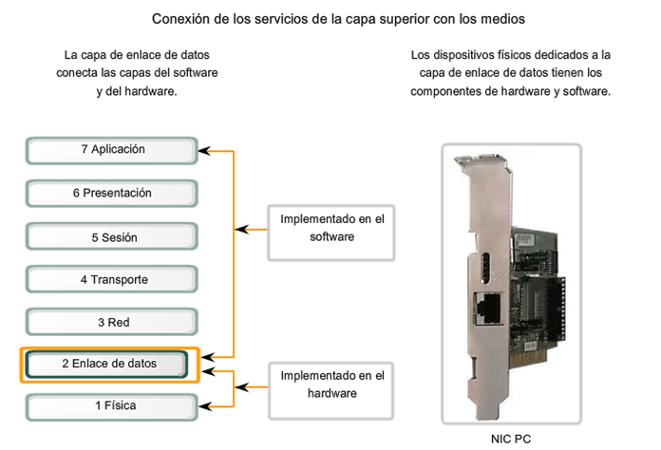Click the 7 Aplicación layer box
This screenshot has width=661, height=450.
coord(112,150)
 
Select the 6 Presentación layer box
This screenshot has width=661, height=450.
coord(112,194)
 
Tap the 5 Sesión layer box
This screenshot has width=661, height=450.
coord(112,237)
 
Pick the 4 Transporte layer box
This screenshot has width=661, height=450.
coord(112,280)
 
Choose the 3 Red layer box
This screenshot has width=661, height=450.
coord(112,323)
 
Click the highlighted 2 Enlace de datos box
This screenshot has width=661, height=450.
coord(109,364)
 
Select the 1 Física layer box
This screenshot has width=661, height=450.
coord(112,406)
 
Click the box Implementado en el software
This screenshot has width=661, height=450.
coord(330,229)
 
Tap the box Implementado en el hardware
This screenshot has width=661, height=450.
coord(330,384)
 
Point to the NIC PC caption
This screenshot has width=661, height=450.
coord(511,439)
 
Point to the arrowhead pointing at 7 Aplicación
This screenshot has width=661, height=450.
coord(204,150)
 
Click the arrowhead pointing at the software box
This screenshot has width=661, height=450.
coord(241,229)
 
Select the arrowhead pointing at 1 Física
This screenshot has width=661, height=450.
coord(204,405)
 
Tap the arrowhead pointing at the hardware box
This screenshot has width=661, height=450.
coord(241,385)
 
